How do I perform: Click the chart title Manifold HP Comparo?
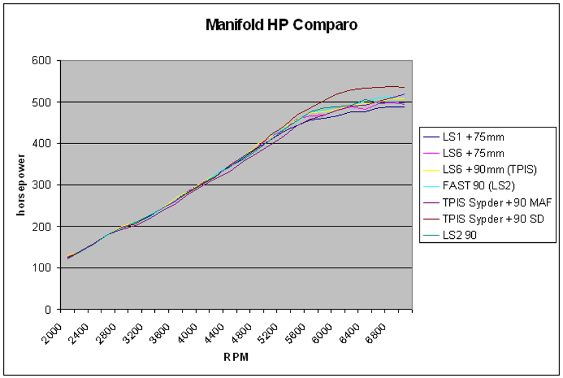coord(281,25)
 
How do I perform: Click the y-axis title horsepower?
coord(20,184)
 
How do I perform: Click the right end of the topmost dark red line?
coord(404,87)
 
